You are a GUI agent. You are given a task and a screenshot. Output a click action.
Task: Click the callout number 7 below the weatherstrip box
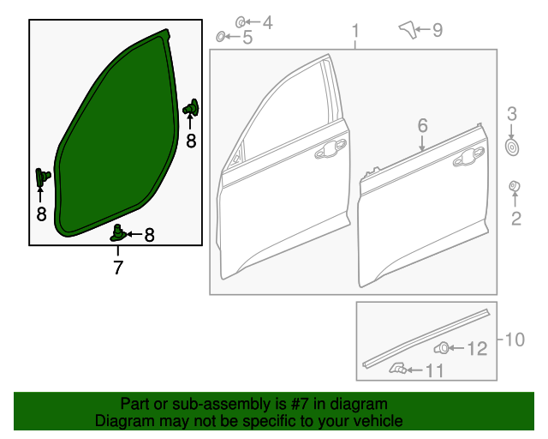click(x=118, y=268)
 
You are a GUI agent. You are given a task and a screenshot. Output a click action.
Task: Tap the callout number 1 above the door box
click(x=355, y=31)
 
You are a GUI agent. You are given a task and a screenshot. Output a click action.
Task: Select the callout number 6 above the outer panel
click(x=422, y=125)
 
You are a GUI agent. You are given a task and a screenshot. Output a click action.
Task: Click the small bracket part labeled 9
click(x=408, y=30)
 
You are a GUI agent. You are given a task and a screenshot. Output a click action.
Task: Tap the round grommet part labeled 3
click(x=512, y=147)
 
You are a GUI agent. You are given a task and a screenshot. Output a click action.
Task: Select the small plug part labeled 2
click(x=515, y=186)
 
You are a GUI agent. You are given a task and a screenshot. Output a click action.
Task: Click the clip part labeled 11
click(x=397, y=369)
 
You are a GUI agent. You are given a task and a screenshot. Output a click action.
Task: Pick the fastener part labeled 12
click(x=442, y=348)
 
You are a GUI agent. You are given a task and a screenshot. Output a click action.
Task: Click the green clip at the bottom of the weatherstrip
click(x=118, y=233)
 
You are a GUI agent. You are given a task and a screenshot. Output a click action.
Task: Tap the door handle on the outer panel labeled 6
click(x=468, y=157)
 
